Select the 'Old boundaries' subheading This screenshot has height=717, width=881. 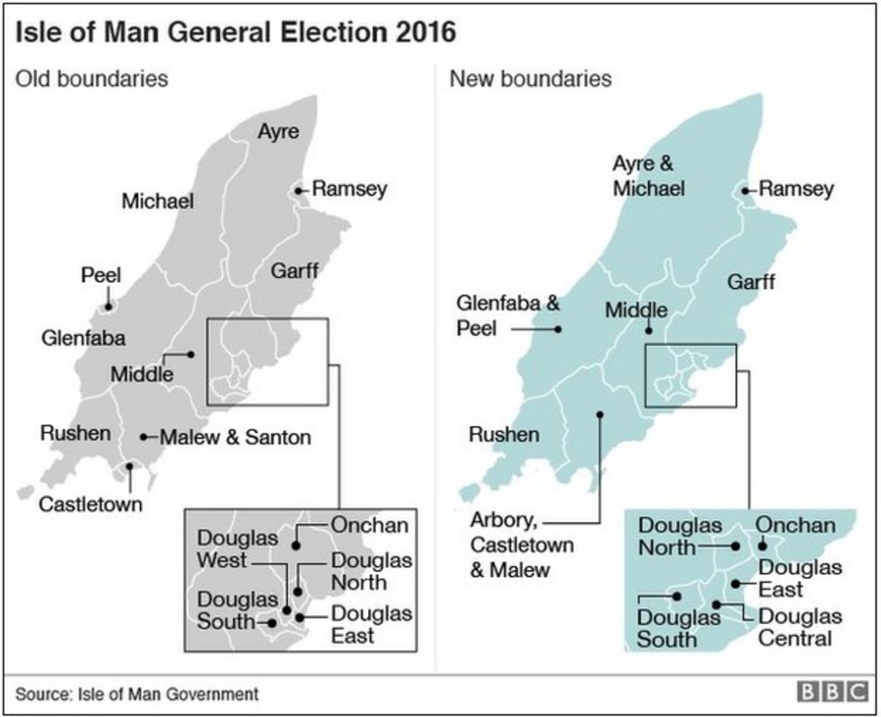[92, 79]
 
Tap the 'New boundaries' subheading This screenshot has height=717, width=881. [530, 79]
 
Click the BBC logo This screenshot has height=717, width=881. [829, 693]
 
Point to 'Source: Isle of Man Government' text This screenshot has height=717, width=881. [136, 694]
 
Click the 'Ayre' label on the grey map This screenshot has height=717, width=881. [278, 131]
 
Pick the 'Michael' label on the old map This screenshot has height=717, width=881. [158, 200]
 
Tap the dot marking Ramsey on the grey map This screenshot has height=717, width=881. [298, 191]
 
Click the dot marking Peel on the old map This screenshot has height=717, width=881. [108, 306]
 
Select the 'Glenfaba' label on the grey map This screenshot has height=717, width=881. [83, 339]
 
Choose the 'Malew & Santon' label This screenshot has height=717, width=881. [236, 438]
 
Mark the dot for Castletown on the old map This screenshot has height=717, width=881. [130, 467]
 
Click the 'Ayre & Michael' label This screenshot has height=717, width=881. [647, 176]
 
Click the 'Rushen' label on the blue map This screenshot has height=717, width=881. [504, 434]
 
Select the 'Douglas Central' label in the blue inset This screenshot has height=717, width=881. [794, 628]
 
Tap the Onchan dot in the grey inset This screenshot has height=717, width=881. [296, 545]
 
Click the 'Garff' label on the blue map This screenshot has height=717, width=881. [751, 282]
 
